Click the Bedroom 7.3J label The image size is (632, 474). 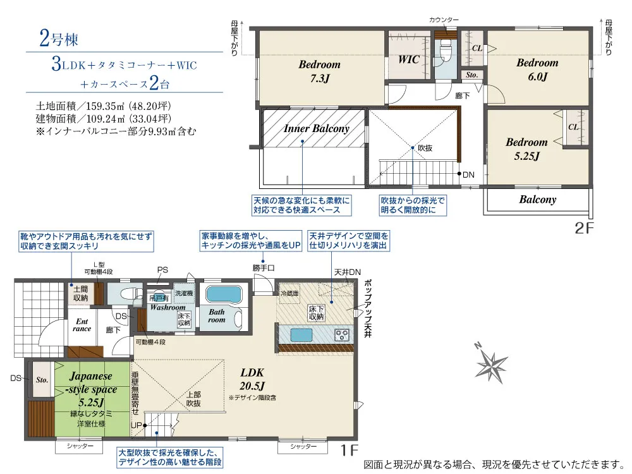point(319,71)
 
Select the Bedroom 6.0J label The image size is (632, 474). point(537,70)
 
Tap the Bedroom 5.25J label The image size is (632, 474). point(526,149)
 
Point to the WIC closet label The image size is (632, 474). point(409,59)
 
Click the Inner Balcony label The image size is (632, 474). point(316,128)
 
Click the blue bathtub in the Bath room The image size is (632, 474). point(224,295)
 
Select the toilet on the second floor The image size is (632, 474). point(445,51)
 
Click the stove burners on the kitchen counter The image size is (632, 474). point(342,334)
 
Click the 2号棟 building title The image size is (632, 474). point(58,39)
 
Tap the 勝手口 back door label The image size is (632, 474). point(264,268)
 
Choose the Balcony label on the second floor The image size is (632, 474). point(538,200)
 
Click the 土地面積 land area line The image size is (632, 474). point(104,105)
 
